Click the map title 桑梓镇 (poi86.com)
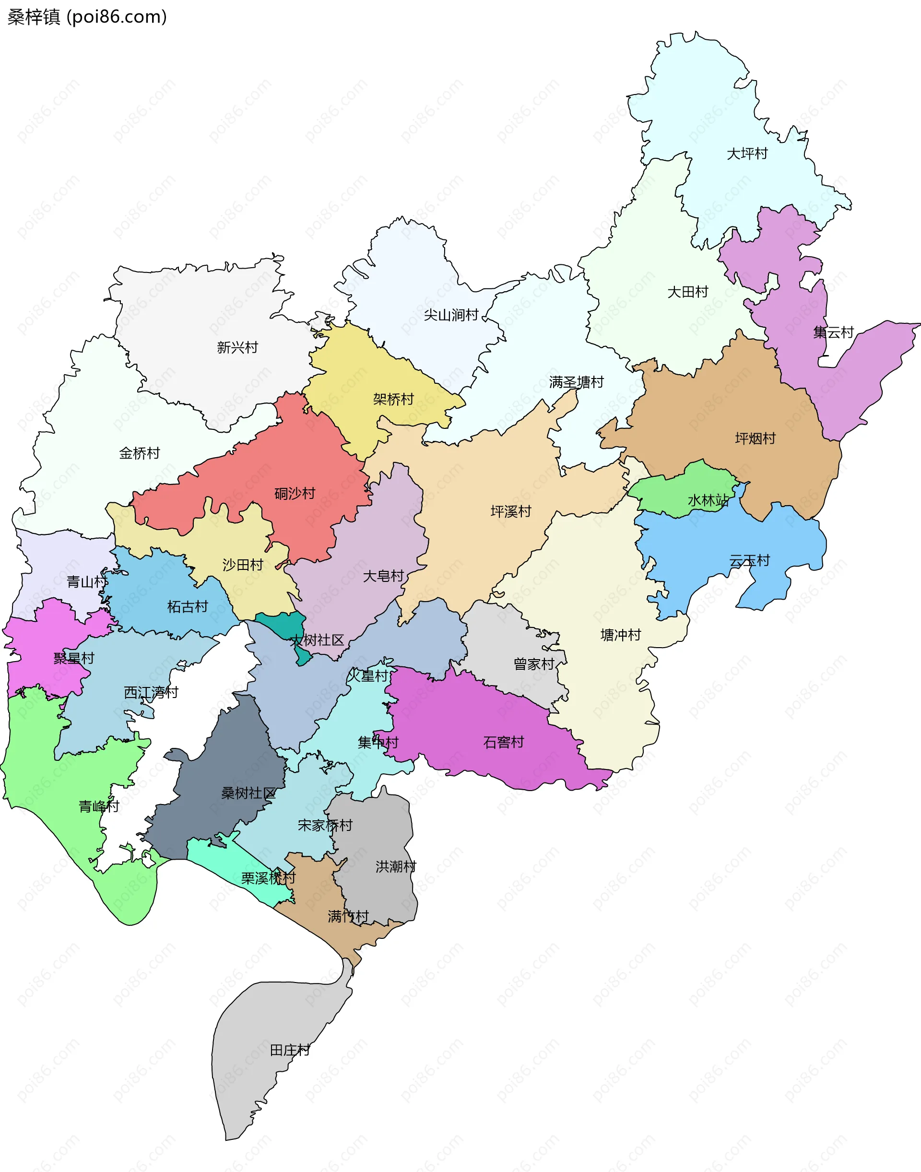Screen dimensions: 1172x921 [x=87, y=17]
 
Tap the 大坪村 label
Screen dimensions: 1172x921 [x=747, y=154]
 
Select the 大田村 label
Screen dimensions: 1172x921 [x=687, y=292]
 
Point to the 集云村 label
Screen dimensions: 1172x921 [x=833, y=332]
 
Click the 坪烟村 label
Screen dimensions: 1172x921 [x=755, y=438]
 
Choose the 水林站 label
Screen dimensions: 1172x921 [x=708, y=500]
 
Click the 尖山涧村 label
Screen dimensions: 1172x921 [x=451, y=315]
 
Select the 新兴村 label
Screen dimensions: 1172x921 [x=237, y=347]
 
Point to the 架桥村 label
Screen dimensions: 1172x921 [x=393, y=399]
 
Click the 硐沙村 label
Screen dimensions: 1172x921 [x=295, y=493]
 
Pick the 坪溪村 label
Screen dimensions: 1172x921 [x=511, y=511]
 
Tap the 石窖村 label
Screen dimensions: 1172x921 [x=503, y=742]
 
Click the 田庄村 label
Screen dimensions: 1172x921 [x=290, y=1050]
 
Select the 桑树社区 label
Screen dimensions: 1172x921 [x=248, y=793]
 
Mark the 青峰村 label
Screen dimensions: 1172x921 [x=99, y=806]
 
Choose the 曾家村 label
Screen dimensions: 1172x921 [x=534, y=664]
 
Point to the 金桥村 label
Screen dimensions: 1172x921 [x=139, y=453]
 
